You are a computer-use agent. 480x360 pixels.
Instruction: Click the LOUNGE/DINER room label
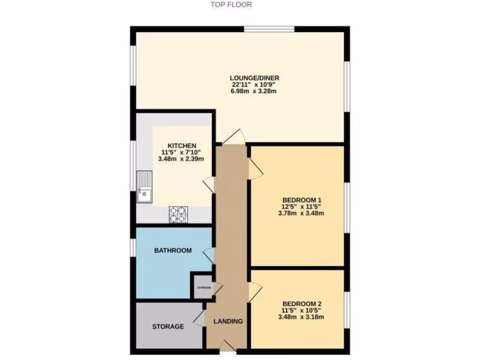[255, 78]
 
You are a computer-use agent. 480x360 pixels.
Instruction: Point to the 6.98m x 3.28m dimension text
[255, 91]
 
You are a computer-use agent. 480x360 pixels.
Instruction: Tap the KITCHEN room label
[182, 145]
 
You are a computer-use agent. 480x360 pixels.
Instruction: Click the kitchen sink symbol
[145, 187]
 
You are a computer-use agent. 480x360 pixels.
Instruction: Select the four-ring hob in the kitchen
[179, 214]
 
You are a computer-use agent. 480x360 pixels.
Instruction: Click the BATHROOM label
[173, 250]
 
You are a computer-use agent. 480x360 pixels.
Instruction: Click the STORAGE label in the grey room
[167, 326]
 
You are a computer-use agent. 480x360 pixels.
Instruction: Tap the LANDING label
[228, 321]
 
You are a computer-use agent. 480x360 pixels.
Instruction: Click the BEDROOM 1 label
[301, 199]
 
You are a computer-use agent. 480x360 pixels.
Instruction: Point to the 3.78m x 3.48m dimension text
[301, 213]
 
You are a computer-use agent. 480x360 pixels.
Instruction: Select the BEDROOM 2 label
[301, 303]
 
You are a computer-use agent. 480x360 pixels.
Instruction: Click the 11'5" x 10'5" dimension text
[301, 310]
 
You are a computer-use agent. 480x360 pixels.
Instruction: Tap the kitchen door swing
[208, 183]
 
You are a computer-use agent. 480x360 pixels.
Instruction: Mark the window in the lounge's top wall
[269, 29]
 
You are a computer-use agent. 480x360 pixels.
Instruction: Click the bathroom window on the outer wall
[133, 247]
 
